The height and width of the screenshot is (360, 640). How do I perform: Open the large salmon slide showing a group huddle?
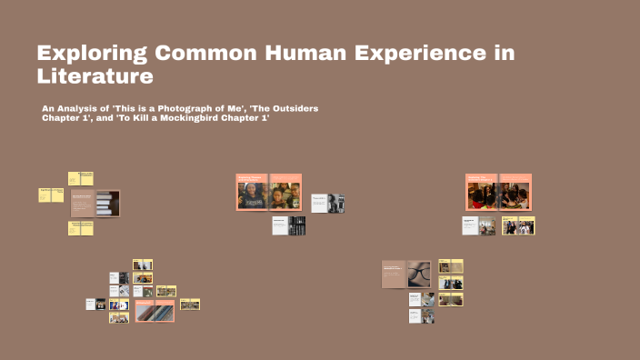[x=498, y=192]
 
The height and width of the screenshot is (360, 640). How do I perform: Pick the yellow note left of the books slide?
[x=51, y=195]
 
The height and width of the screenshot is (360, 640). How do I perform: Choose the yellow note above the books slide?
[x=81, y=178]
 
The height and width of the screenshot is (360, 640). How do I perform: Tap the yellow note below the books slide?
[x=81, y=228]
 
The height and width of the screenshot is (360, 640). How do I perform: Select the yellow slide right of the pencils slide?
[x=190, y=305]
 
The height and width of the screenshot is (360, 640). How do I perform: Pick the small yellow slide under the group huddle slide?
[x=519, y=226]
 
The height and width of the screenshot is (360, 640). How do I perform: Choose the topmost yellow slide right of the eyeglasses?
[x=451, y=266]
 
